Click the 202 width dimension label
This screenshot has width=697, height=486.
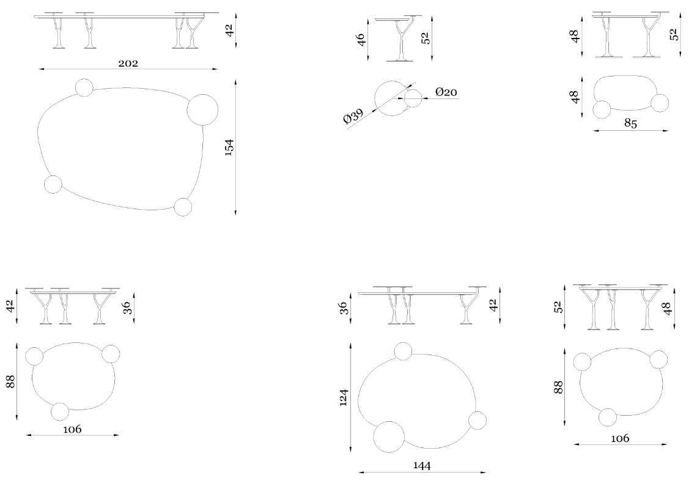pyautogui.click(x=128, y=64)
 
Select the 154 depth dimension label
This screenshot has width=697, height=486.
pyautogui.click(x=229, y=147)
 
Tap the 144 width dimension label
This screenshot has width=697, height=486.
pyautogui.click(x=422, y=466)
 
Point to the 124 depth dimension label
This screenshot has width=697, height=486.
pyautogui.click(x=344, y=397)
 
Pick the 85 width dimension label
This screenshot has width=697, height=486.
pyautogui.click(x=631, y=123)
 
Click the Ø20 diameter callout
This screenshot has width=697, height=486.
pyautogui.click(x=446, y=92)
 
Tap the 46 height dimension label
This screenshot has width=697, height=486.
pyautogui.click(x=361, y=39)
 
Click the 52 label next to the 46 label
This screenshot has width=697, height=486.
pyautogui.click(x=426, y=38)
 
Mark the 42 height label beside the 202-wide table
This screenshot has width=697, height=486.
pyautogui.click(x=229, y=30)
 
